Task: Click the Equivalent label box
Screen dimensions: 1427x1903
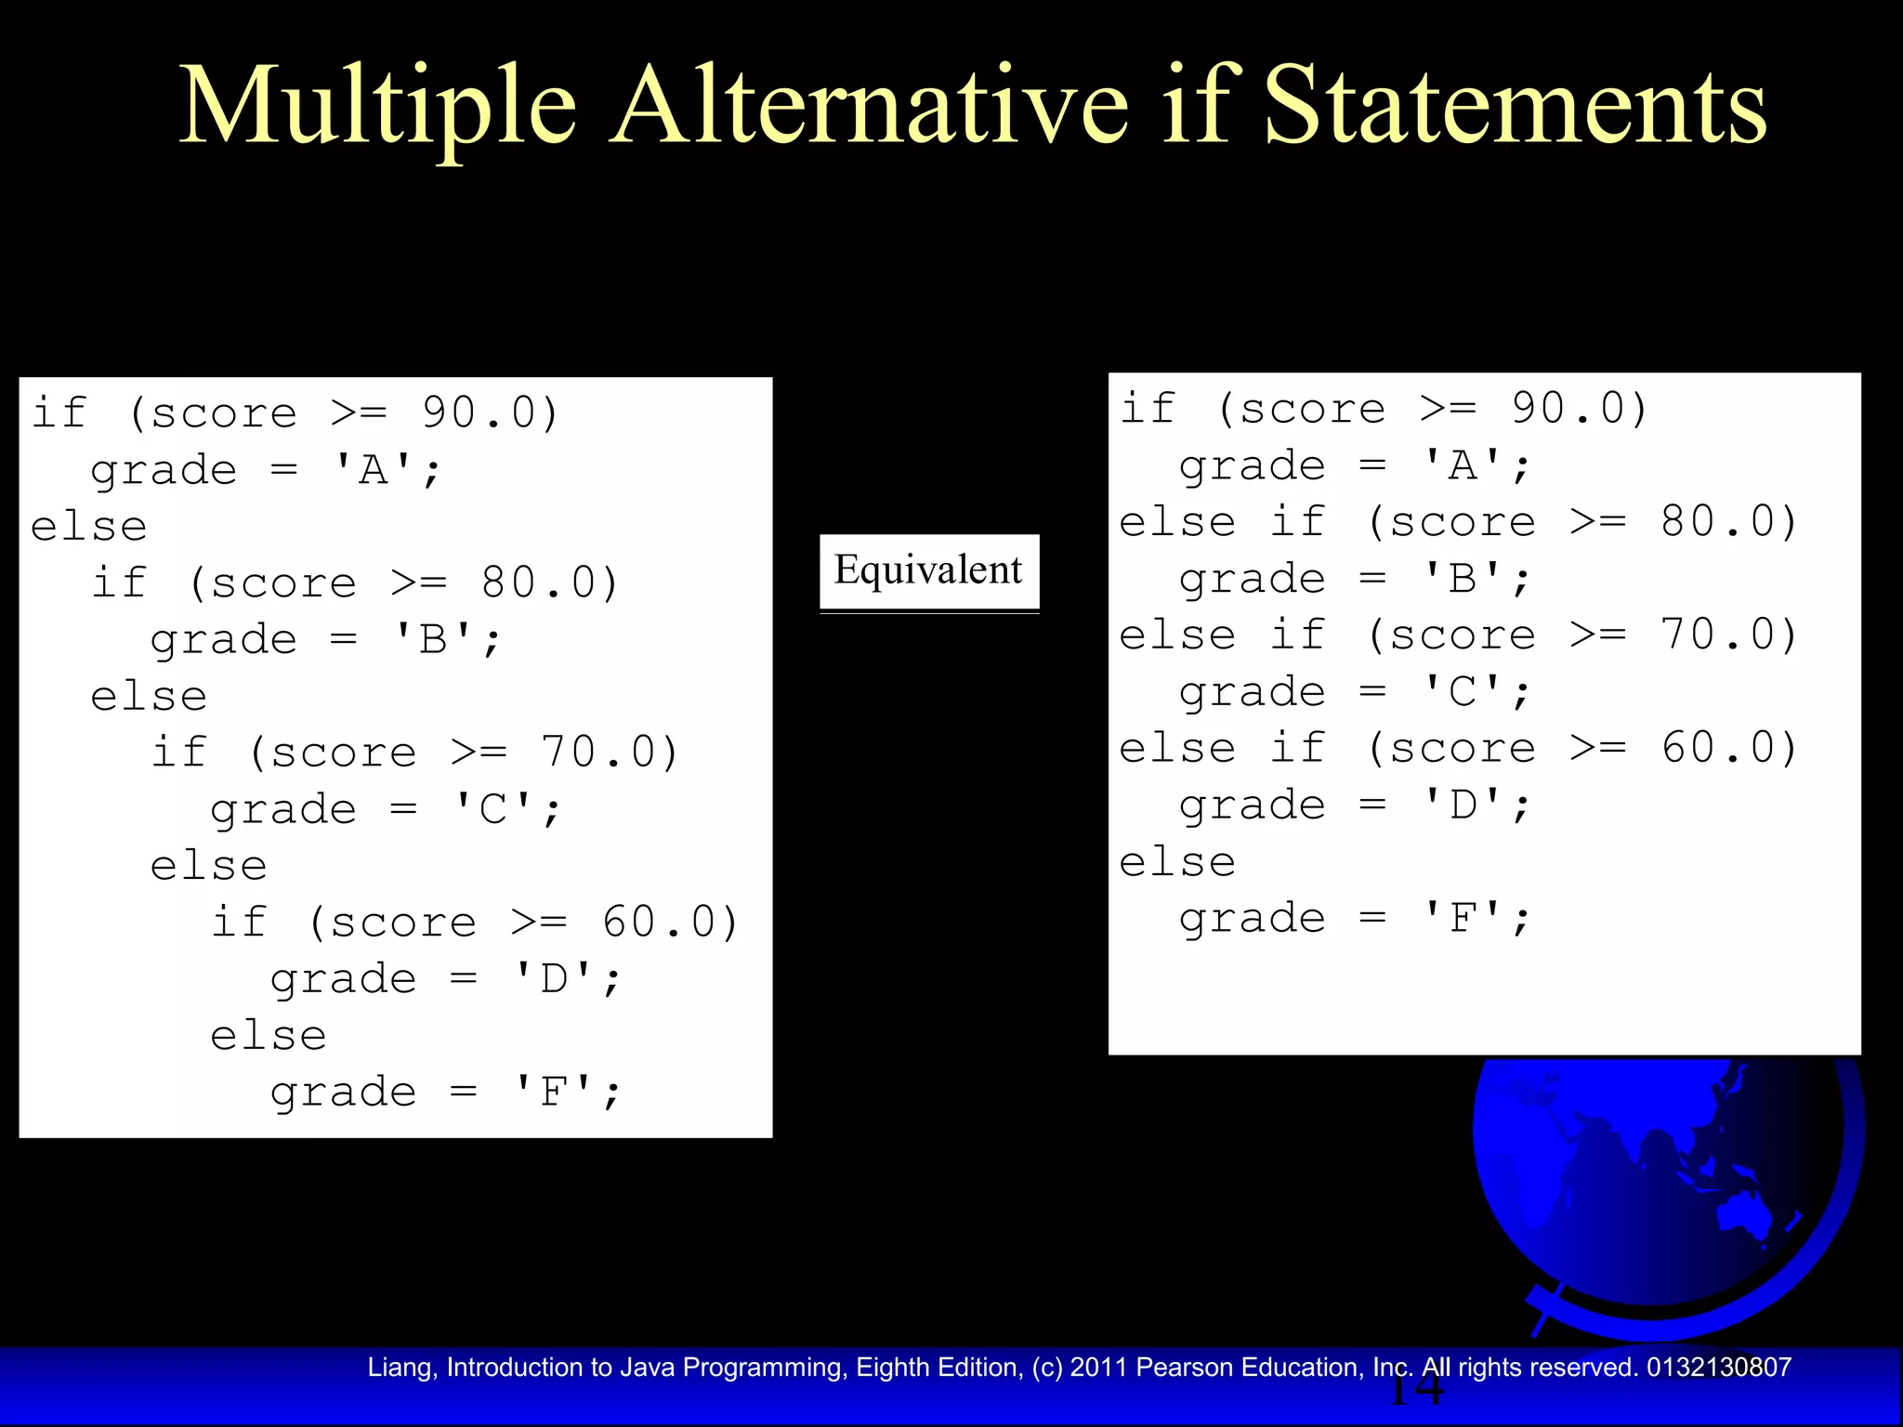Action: tap(928, 571)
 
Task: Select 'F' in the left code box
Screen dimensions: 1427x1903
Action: tap(555, 1092)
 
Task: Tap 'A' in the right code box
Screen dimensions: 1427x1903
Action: tap(1463, 465)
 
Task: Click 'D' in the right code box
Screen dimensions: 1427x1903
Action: tap(1463, 805)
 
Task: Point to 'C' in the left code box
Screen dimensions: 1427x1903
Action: tap(494, 809)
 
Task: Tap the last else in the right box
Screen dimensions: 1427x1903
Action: tap(1177, 862)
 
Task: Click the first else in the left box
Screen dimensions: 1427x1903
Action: tap(89, 527)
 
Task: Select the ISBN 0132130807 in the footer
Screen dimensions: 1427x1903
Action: tap(1718, 1368)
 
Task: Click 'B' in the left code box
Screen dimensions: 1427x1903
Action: tap(434, 640)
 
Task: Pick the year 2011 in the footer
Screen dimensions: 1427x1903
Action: tap(1098, 1368)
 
